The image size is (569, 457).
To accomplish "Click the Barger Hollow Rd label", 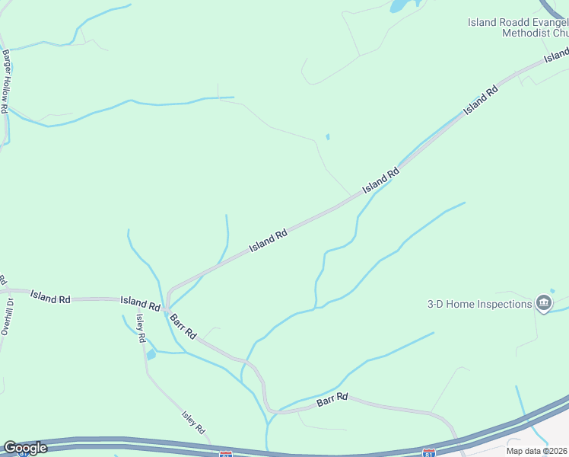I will click(x=5, y=81).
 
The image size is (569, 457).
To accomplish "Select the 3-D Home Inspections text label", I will click(x=478, y=304).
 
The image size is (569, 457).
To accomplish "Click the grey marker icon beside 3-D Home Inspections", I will click(x=544, y=304).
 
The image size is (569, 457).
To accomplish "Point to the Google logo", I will click(x=25, y=448).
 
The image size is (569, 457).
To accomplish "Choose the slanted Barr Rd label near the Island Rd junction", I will click(x=183, y=325).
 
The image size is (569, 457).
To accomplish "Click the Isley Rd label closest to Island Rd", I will click(x=141, y=328).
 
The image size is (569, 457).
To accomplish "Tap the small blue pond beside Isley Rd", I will click(x=151, y=354).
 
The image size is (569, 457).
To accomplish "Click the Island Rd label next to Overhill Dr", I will click(x=50, y=296).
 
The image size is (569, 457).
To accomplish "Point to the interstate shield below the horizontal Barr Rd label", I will click(x=428, y=452).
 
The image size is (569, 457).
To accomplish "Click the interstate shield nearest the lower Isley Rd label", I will click(x=225, y=454).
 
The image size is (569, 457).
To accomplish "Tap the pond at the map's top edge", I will click(x=398, y=6).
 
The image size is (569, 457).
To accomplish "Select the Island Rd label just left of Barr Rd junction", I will click(x=140, y=303).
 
